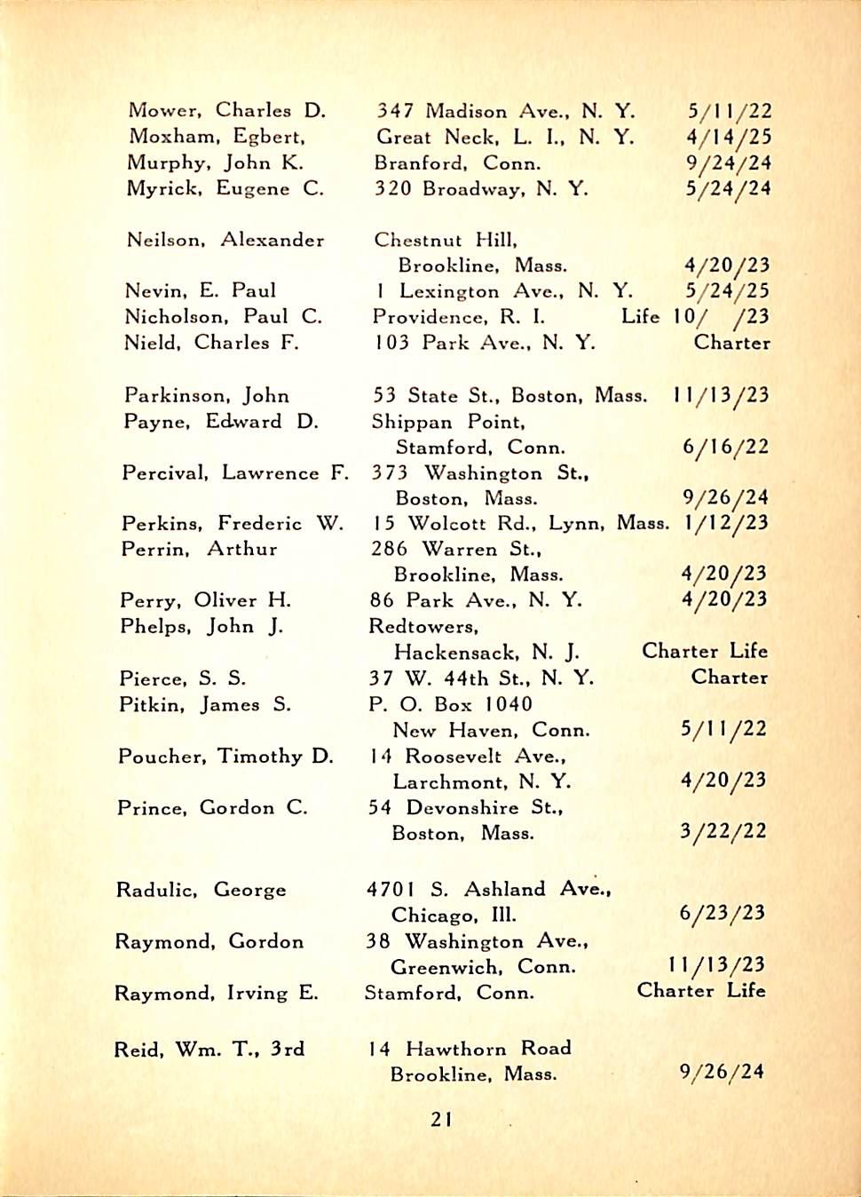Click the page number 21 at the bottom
(441, 1120)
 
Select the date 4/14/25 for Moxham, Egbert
(729, 137)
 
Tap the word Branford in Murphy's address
(420, 163)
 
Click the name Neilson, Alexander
(225, 240)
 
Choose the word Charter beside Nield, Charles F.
(731, 343)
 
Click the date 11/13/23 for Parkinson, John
(721, 396)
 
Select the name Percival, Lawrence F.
(235, 473)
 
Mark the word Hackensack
(454, 653)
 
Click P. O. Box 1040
(450, 704)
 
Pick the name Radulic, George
(201, 890)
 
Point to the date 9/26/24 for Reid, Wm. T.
(721, 1072)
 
